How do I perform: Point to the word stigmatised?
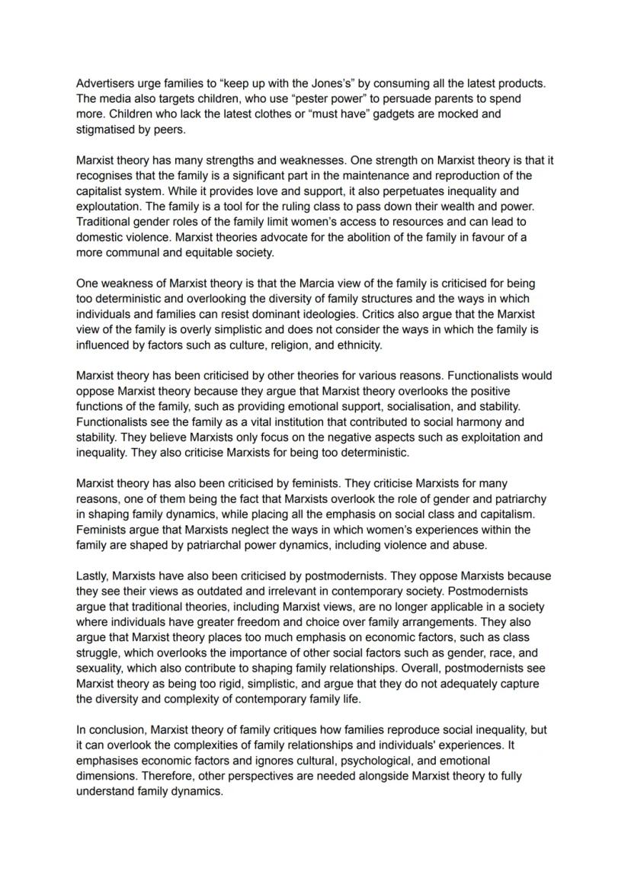point(107,130)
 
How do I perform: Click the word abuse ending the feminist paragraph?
point(470,545)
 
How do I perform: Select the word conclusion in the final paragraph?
point(115,729)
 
